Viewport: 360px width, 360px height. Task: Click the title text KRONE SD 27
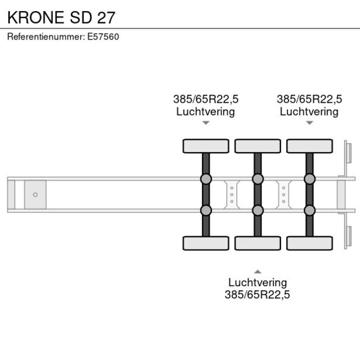pyautogui.click(x=61, y=17)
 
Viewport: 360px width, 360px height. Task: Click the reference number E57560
pyautogui.click(x=103, y=37)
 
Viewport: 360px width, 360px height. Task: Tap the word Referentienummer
pyautogui.click(x=45, y=37)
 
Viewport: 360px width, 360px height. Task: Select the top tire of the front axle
pyautogui.click(x=206, y=146)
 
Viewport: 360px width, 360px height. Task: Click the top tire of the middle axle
pyautogui.click(x=257, y=146)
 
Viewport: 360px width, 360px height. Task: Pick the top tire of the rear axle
pyautogui.click(x=309, y=146)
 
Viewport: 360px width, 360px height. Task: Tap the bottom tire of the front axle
pyautogui.click(x=206, y=243)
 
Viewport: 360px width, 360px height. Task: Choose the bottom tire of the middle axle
pyautogui.click(x=257, y=243)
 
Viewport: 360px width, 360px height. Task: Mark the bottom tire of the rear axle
pyautogui.click(x=309, y=243)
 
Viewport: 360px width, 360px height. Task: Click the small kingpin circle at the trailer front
pyautogui.click(x=35, y=195)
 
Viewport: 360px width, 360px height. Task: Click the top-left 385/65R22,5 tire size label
pyautogui.click(x=206, y=99)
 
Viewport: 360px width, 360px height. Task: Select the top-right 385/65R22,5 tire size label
pyautogui.click(x=309, y=99)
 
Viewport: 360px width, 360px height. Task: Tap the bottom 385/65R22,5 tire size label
pyautogui.click(x=257, y=295)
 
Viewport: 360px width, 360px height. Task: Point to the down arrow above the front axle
pyautogui.click(x=206, y=123)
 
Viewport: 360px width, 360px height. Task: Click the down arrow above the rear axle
pyautogui.click(x=309, y=123)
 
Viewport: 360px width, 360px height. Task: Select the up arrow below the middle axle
pyautogui.click(x=257, y=271)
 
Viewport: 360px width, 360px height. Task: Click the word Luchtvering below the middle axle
pyautogui.click(x=257, y=283)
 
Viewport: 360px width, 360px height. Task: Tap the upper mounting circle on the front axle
pyautogui.click(x=206, y=179)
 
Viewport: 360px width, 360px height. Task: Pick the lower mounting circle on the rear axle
pyautogui.click(x=309, y=210)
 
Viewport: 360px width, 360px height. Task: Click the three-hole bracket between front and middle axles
pyautogui.click(x=232, y=194)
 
